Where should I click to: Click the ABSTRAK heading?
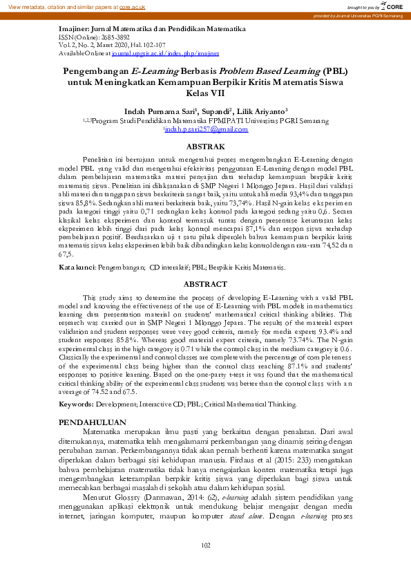coord(206,147)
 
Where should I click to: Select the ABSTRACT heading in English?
coord(206,265)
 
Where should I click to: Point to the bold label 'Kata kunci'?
coord(77,247)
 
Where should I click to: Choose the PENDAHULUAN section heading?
coord(92,421)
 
